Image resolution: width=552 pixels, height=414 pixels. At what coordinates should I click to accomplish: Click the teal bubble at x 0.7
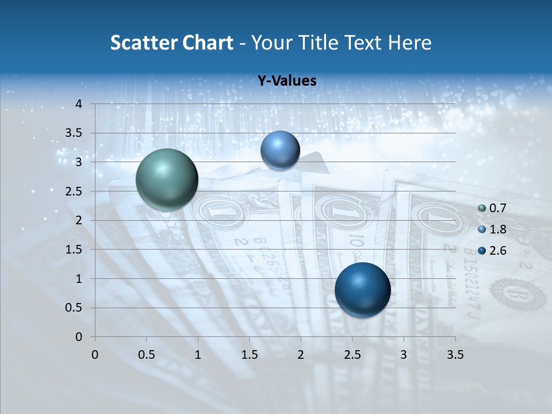tap(167, 179)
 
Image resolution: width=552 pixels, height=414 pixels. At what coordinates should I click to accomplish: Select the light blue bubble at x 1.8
tap(280, 150)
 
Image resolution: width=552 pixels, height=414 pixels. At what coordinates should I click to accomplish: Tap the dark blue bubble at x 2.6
tap(362, 290)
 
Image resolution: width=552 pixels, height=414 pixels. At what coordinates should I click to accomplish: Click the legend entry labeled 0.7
tap(492, 208)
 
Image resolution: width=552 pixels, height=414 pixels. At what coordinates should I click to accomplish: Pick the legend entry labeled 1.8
tap(492, 229)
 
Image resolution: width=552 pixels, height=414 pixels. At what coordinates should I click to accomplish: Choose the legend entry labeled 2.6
tap(492, 251)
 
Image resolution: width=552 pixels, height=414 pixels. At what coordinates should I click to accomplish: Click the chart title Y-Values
tap(287, 81)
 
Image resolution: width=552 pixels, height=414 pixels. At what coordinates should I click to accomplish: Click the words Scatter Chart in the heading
tap(171, 43)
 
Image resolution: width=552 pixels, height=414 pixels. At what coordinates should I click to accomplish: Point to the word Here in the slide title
tap(409, 43)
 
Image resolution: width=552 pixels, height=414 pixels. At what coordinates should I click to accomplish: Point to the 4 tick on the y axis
tap(79, 104)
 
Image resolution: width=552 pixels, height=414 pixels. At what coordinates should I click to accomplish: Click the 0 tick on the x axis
tap(95, 354)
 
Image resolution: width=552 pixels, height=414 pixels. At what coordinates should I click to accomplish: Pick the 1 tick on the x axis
tap(198, 354)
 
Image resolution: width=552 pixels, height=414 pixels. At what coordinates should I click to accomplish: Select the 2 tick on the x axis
tap(301, 354)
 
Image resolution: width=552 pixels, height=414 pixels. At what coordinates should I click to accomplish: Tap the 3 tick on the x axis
tap(404, 354)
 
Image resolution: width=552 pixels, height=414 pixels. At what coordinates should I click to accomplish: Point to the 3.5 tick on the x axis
tap(455, 354)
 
